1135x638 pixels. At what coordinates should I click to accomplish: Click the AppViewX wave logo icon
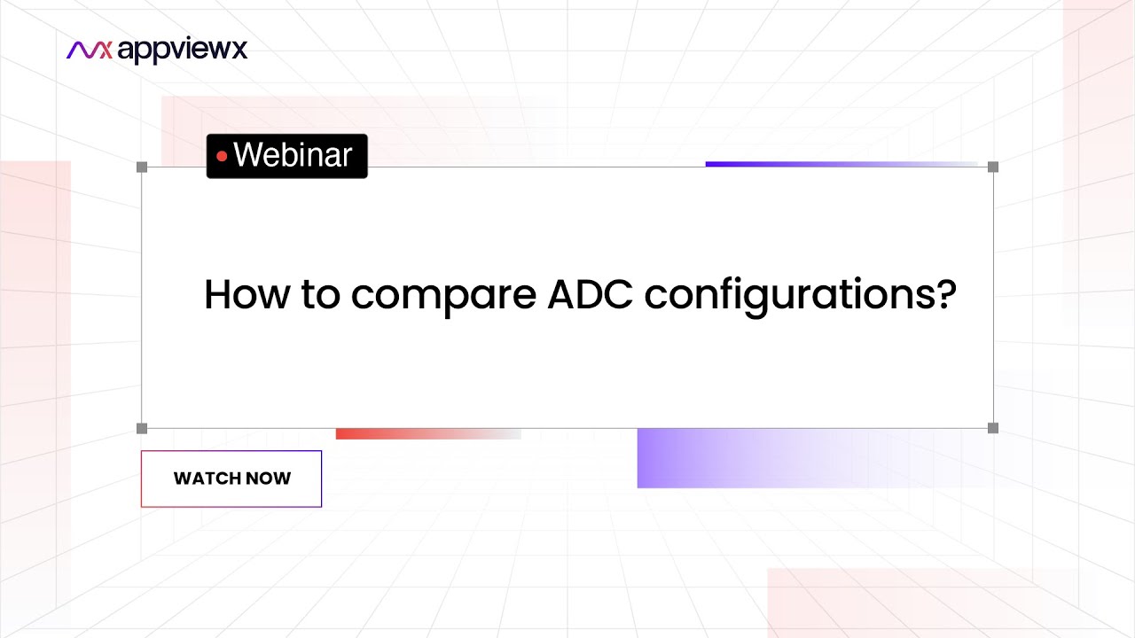(x=90, y=51)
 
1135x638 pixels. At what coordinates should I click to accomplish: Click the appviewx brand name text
(x=183, y=51)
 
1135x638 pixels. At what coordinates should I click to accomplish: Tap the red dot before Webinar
(x=222, y=157)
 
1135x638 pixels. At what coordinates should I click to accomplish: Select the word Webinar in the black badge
(x=293, y=156)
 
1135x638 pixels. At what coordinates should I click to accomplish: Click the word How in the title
(x=241, y=295)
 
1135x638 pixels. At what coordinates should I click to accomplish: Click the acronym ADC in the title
(x=589, y=295)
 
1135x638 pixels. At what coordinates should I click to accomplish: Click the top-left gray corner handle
(x=142, y=167)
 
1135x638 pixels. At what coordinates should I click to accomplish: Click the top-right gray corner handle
(x=993, y=167)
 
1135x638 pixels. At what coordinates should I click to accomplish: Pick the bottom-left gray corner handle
(x=142, y=429)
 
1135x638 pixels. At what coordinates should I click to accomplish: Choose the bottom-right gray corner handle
(x=993, y=429)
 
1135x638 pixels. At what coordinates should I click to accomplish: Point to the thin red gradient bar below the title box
(x=426, y=434)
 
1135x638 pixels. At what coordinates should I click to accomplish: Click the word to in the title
(x=320, y=295)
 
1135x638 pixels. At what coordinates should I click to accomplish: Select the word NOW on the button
(x=269, y=478)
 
